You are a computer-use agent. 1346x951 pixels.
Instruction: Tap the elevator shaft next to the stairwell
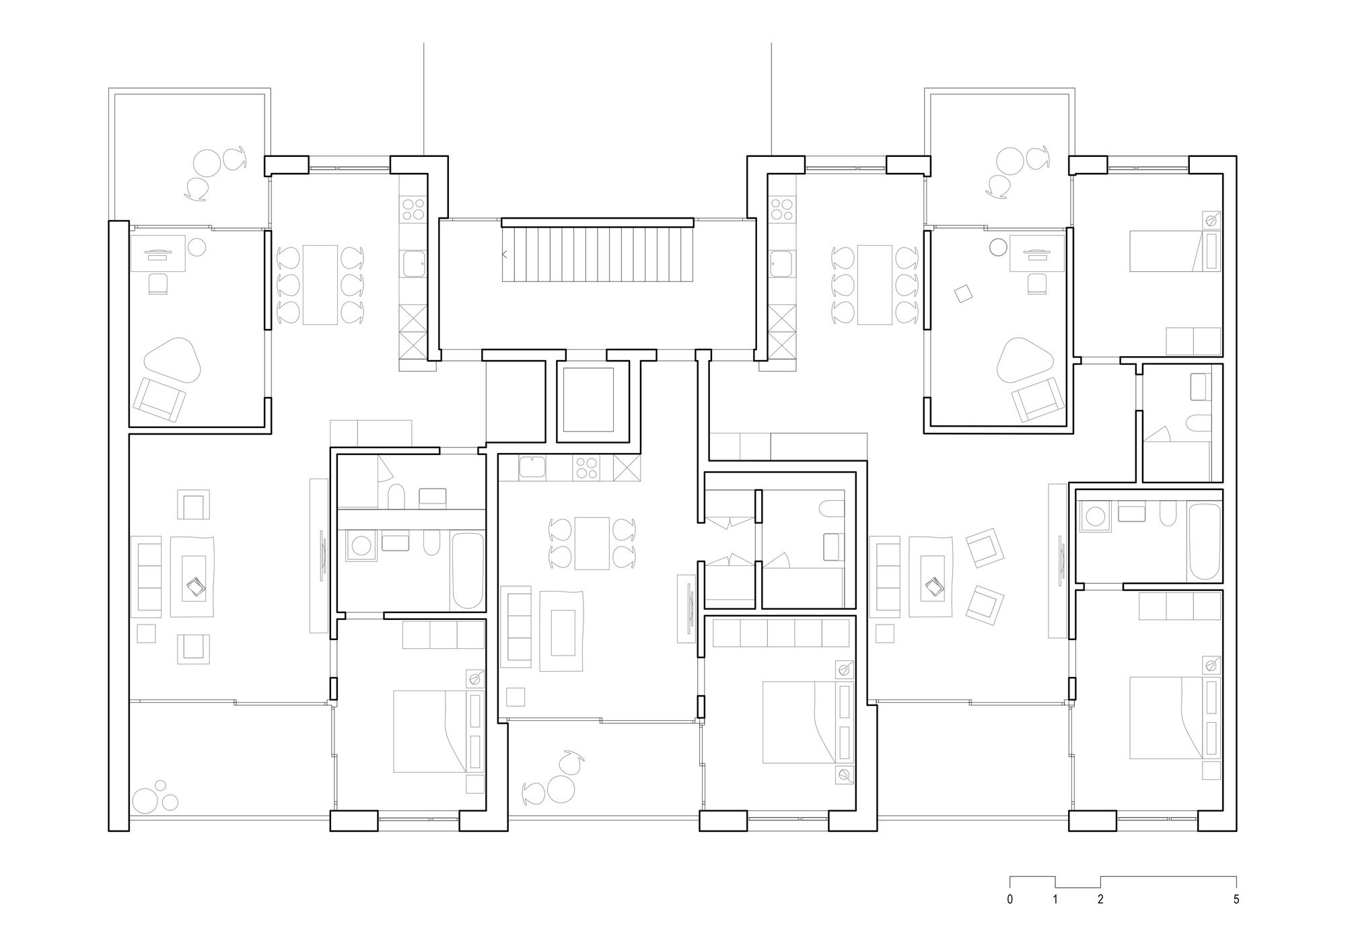(x=588, y=400)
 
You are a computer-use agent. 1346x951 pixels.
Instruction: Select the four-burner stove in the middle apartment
(x=586, y=468)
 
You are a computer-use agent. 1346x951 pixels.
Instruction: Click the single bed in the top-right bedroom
(x=1174, y=251)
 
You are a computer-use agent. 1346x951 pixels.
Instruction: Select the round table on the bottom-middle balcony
(x=561, y=788)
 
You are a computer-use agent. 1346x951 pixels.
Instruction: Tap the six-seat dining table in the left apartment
(x=320, y=285)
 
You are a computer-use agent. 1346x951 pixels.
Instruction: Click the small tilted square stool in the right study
(x=964, y=293)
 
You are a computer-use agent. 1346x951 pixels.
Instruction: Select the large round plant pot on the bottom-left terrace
(x=145, y=801)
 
